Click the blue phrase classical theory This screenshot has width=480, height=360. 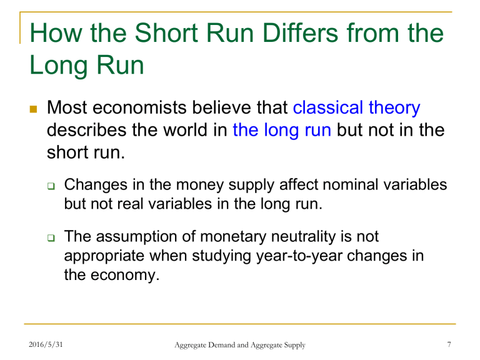(356, 108)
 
